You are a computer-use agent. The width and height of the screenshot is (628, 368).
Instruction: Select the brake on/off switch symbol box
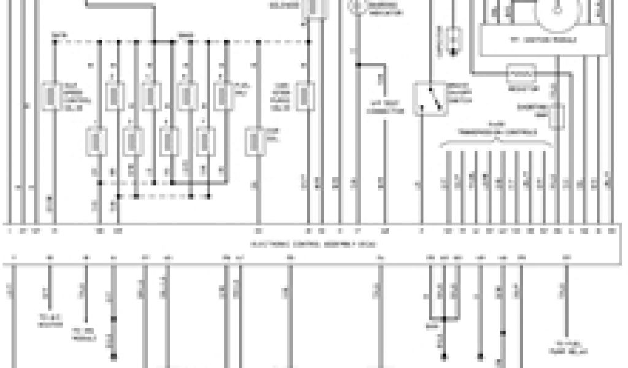[x=430, y=99]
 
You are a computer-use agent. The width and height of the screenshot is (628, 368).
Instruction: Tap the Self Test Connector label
[x=385, y=107]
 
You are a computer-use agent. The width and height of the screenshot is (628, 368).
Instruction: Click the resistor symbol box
[x=522, y=74]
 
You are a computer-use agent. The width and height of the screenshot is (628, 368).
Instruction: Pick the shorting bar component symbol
[x=556, y=117]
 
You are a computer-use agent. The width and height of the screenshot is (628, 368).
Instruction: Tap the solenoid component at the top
[x=315, y=7]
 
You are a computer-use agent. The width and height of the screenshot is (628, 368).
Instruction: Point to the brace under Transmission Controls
[x=497, y=144]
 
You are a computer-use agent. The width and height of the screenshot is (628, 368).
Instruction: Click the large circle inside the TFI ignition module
[x=557, y=7]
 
